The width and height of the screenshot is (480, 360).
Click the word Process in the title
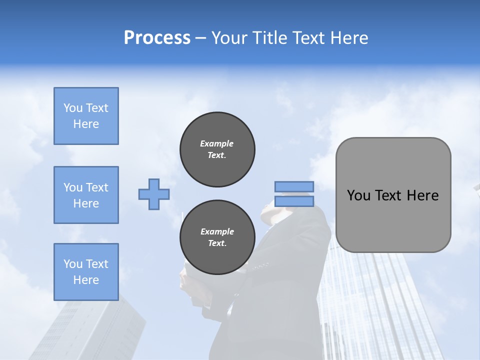(157, 38)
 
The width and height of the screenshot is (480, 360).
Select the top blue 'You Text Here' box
(86, 116)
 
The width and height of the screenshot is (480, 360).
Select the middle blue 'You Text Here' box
(86, 195)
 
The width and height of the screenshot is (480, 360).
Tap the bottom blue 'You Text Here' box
(86, 271)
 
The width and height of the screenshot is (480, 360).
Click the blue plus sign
(154, 194)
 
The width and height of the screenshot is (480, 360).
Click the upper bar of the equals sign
(294, 187)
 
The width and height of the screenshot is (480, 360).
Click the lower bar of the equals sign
(294, 201)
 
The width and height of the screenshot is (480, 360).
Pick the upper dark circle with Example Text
(217, 149)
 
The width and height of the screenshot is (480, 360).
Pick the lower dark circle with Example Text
(217, 237)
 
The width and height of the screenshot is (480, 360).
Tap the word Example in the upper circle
(216, 143)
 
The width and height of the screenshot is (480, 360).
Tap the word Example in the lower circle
(217, 231)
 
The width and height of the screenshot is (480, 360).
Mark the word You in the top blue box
(73, 108)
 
